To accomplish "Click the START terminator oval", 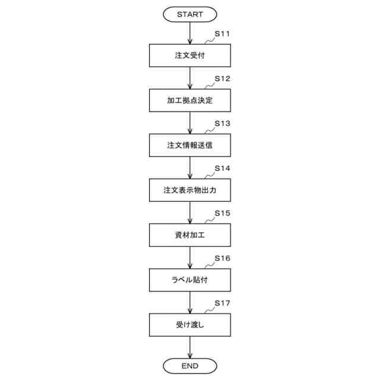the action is (189, 14).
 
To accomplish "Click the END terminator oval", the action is (189, 365).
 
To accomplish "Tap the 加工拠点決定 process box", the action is (189, 100).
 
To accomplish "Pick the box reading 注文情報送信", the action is (189, 145).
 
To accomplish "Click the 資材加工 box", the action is (189, 235).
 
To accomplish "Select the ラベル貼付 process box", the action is (189, 280).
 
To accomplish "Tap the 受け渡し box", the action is (189, 325).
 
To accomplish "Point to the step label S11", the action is (222, 34).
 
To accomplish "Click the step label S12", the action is (222, 79).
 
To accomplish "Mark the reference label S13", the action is (222, 123).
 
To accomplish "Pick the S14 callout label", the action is (222, 169).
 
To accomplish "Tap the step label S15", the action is (222, 213).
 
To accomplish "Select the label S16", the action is (222, 258).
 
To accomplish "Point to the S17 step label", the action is (222, 303).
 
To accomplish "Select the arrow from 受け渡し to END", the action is (189, 347).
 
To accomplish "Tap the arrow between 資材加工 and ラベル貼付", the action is (189, 258).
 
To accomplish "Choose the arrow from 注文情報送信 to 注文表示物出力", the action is (189, 168).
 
